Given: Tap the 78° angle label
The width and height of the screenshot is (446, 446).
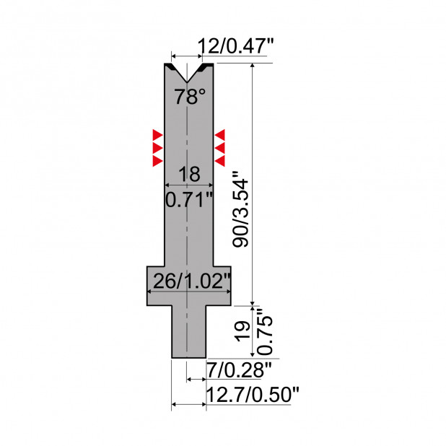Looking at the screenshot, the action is [189, 97].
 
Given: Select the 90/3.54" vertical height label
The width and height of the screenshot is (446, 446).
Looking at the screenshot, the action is [240, 209].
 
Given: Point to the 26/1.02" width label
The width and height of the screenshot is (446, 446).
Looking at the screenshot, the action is [191, 281].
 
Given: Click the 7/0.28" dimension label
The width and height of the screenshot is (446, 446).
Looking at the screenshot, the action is [239, 370].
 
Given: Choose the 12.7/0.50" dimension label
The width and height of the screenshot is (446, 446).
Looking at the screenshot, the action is [253, 395].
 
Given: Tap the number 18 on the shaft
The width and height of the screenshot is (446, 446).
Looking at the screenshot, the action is [189, 174].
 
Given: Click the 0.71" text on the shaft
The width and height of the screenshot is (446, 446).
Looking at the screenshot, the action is [189, 199].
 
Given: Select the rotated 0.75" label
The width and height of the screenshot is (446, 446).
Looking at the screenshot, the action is [265, 331].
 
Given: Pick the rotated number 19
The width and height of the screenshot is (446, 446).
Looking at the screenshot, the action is [242, 331].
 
